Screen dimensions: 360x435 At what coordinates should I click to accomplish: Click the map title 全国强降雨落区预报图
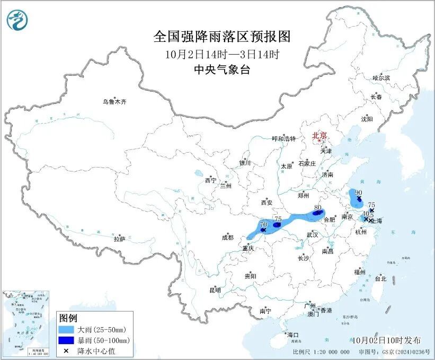(222, 36)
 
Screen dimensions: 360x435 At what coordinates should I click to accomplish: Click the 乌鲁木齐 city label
(115, 101)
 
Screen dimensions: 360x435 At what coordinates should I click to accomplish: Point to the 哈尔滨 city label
(380, 78)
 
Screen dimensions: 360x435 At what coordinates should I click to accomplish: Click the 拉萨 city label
(120, 239)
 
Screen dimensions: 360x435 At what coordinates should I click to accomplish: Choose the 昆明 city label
(215, 290)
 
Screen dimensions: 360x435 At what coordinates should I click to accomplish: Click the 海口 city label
(293, 335)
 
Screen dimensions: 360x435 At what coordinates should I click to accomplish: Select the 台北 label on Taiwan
(380, 278)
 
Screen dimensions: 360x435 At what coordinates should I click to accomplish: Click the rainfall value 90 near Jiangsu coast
(359, 192)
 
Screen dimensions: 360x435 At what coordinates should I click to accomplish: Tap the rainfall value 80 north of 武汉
(318, 207)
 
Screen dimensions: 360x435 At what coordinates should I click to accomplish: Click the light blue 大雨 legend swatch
(66, 330)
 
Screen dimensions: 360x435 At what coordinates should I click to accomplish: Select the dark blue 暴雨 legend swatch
(66, 340)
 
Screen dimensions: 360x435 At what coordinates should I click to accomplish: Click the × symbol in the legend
(66, 350)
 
